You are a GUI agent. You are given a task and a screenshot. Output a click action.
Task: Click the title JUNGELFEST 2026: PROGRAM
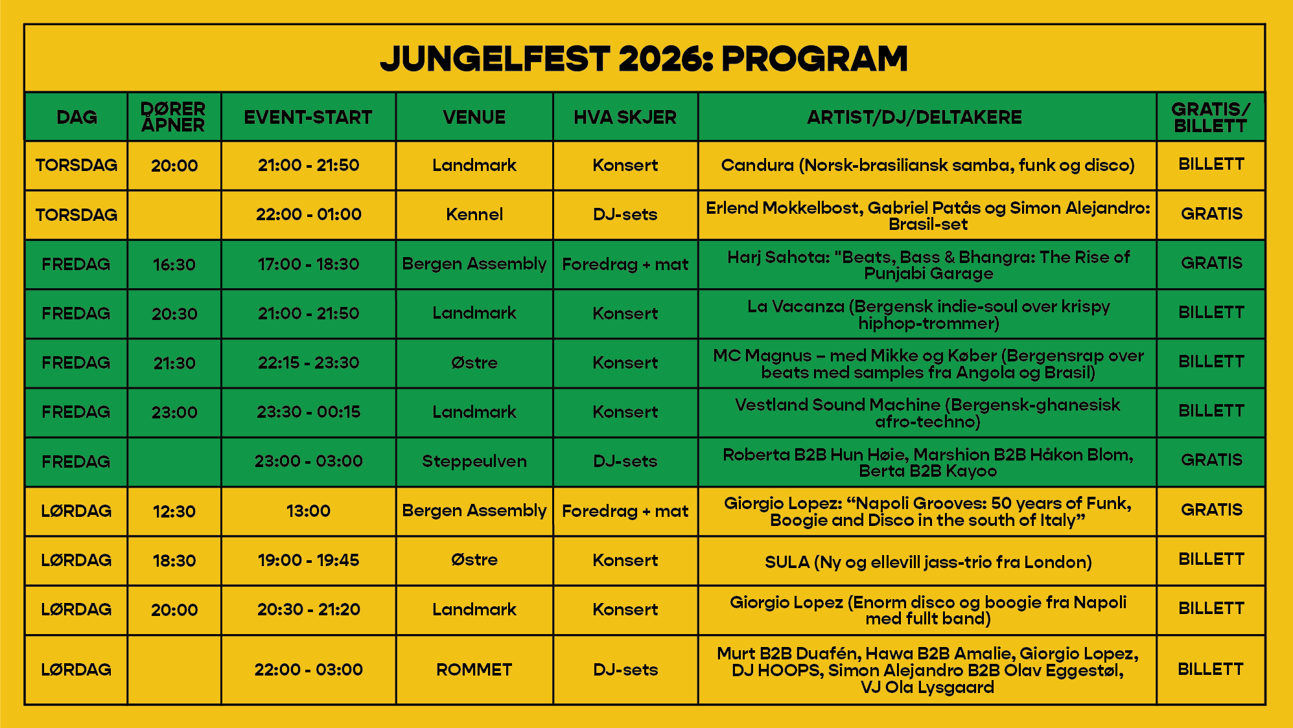[644, 59]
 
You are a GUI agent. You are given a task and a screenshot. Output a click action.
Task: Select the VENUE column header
[474, 117]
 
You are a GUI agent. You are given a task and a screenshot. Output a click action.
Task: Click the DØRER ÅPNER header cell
[173, 117]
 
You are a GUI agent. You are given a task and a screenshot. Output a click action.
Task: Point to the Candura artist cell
[927, 165]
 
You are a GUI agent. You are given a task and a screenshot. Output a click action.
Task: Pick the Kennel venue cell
[474, 214]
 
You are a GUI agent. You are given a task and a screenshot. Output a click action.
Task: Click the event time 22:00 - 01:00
[309, 214]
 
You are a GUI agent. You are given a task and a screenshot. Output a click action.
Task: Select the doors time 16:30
[174, 264]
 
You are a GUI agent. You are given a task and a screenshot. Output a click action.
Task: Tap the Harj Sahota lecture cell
[928, 265]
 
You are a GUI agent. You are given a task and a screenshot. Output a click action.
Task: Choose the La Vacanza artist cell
[928, 314]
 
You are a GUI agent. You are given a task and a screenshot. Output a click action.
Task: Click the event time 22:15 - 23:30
[309, 363]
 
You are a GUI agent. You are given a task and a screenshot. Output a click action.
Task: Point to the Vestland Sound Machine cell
[927, 413]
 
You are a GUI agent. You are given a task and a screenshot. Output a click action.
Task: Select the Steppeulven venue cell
[474, 461]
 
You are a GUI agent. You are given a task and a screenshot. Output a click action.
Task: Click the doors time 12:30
[174, 511]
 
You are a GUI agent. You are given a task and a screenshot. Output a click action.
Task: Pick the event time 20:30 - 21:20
[309, 609]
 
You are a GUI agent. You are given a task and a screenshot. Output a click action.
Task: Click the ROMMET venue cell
[474, 670]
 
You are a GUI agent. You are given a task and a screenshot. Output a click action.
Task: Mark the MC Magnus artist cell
[928, 363]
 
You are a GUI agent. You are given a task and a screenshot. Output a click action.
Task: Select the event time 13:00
[309, 511]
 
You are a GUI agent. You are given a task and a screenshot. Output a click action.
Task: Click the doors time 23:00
[174, 412]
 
